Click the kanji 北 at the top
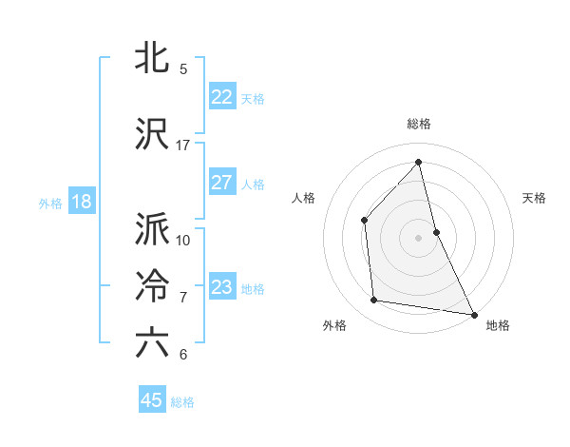pyautogui.click(x=152, y=59)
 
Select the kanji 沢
pyautogui.click(x=152, y=135)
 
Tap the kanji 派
pyautogui.click(x=152, y=229)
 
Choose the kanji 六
pyautogui.click(x=152, y=343)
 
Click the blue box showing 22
pyautogui.click(x=221, y=97)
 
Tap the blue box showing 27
pyautogui.click(x=221, y=183)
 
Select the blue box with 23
pyautogui.click(x=221, y=287)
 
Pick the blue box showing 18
pyautogui.click(x=81, y=202)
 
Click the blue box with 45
pyautogui.click(x=152, y=400)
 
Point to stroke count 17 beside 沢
pyautogui.click(x=183, y=145)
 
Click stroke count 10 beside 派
pyautogui.click(x=183, y=239)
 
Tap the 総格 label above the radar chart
pyautogui.click(x=419, y=124)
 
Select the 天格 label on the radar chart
pyautogui.click(x=534, y=198)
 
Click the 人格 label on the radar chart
pyautogui.click(x=304, y=198)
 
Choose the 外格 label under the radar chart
pyautogui.click(x=334, y=325)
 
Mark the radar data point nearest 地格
pyautogui.click(x=472, y=313)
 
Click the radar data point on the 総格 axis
pyautogui.click(x=419, y=162)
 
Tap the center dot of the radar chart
pyautogui.click(x=419, y=237)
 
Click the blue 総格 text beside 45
pyautogui.click(x=182, y=402)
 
